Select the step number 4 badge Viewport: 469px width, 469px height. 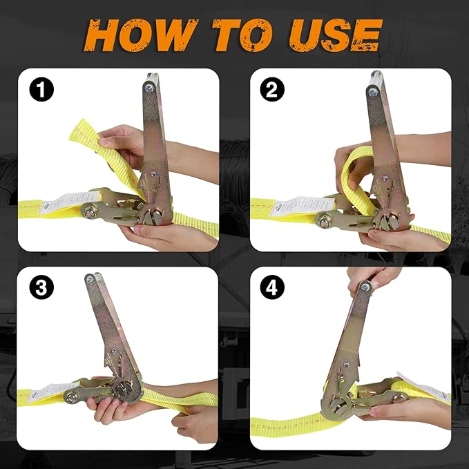coord(271,288)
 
